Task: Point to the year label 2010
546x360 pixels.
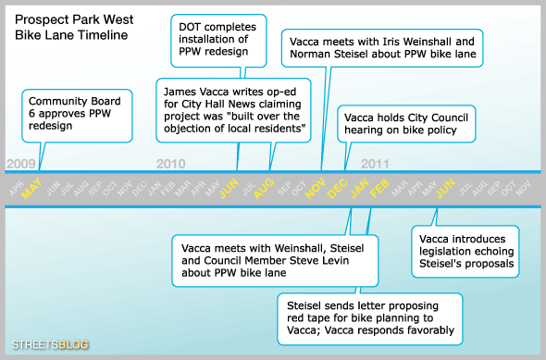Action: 170,163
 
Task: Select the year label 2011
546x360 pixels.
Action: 374,163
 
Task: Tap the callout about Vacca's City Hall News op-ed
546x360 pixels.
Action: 234,109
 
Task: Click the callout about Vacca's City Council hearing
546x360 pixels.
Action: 405,125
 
